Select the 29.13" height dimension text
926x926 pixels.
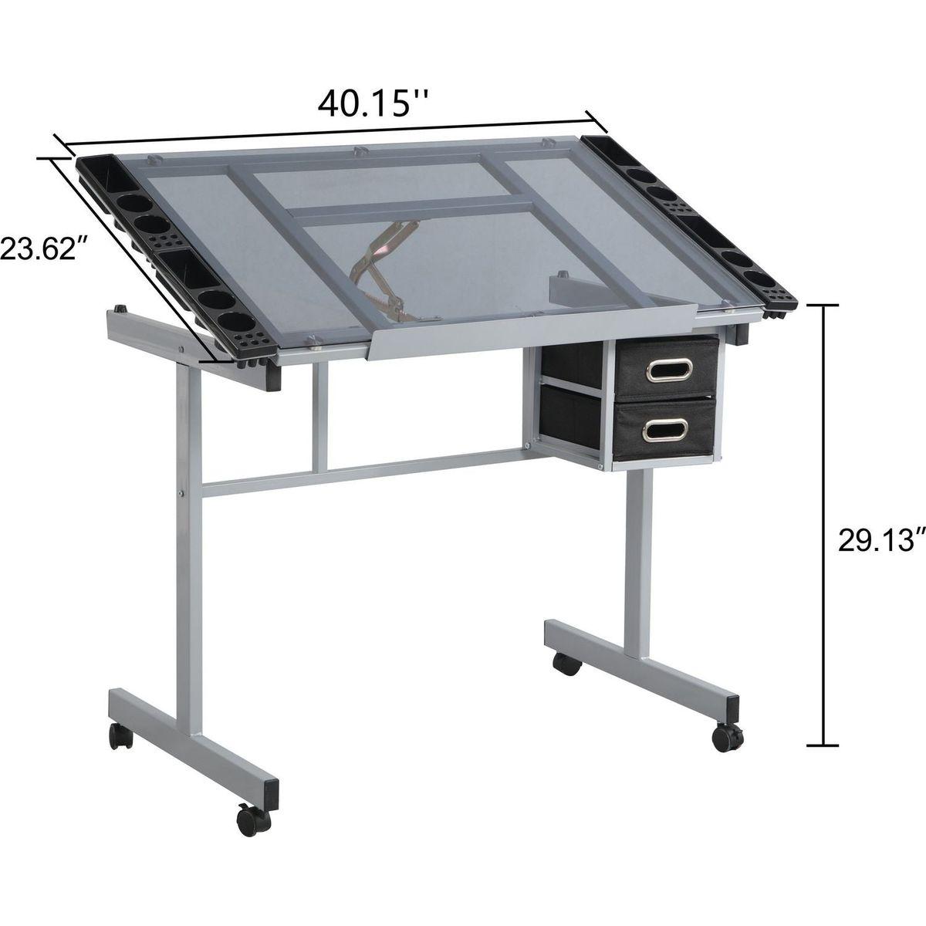pos(880,539)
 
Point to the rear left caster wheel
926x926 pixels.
pos(120,736)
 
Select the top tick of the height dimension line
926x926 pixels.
pos(826,306)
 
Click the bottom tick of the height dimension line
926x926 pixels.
pos(826,745)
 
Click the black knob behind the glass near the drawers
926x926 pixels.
pos(563,275)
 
